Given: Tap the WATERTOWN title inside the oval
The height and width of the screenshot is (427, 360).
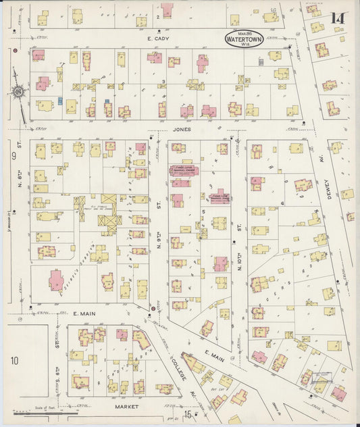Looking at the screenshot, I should tap(245, 39).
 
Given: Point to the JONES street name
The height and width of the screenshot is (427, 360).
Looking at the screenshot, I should tap(182, 128).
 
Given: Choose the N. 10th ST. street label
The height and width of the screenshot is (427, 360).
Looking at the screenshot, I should tap(239, 261).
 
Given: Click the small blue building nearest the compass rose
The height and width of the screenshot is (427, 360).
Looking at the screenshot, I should tap(60, 101).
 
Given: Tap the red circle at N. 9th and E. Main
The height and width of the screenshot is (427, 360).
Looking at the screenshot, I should tap(154, 309).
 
